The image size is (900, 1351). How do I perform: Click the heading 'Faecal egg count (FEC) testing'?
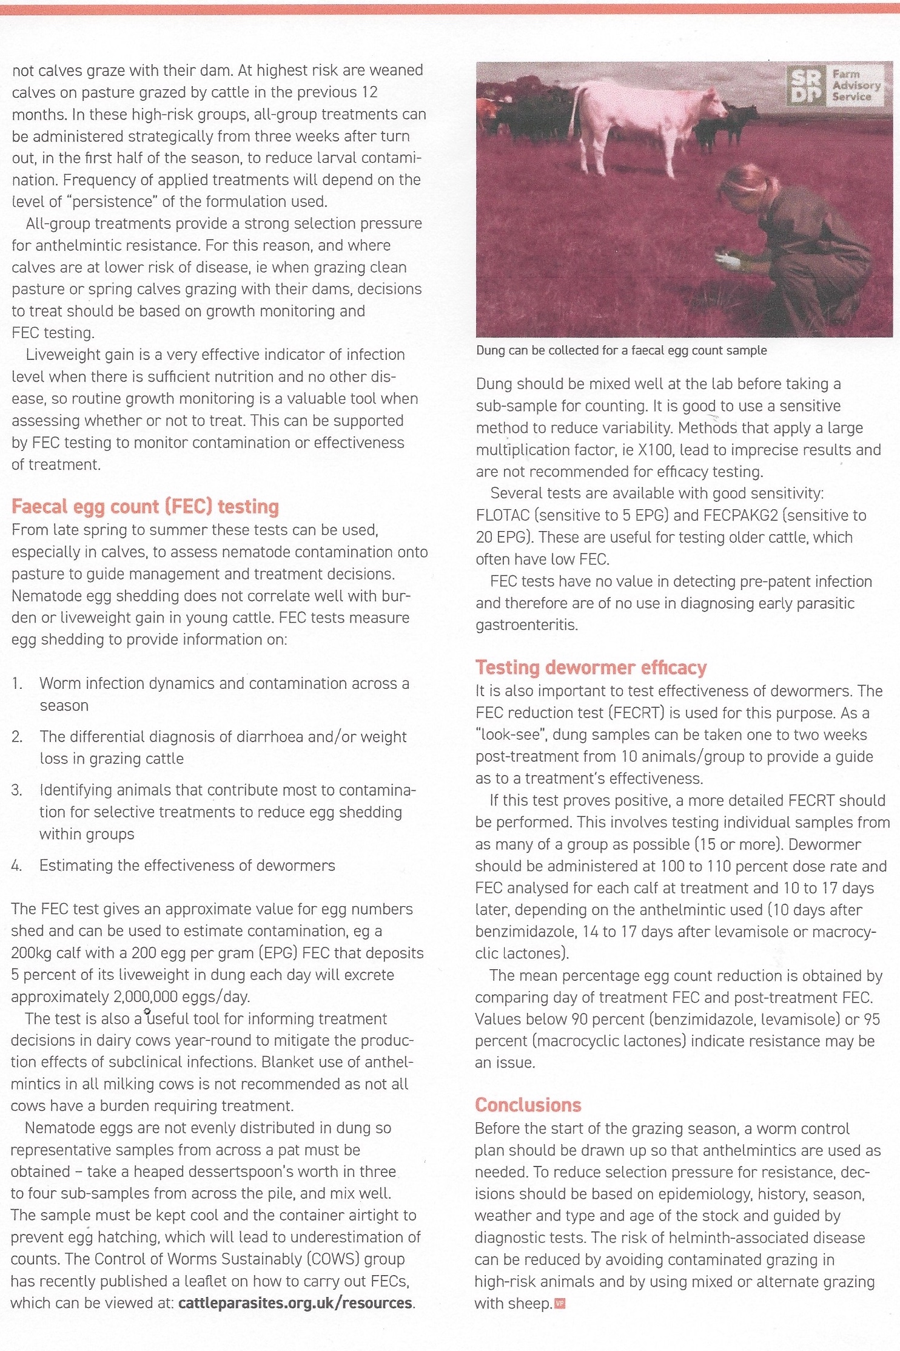pos(145,506)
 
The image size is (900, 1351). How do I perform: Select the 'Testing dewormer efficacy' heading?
pos(591,668)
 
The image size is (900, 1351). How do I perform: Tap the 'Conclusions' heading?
pos(528,1105)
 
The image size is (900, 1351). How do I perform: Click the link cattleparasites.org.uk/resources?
pos(295,1303)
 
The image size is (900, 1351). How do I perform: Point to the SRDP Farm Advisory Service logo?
pos(833,85)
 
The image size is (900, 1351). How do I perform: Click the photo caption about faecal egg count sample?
pos(621,350)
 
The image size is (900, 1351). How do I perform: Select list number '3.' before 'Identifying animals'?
pos(17,790)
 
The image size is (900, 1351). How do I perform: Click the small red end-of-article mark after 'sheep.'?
pos(560,1303)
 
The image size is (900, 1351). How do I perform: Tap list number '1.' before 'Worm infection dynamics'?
pos(17,683)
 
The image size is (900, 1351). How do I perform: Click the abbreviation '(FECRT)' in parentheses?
pos(637,713)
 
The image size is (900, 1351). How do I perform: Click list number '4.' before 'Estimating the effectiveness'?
pos(17,865)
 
